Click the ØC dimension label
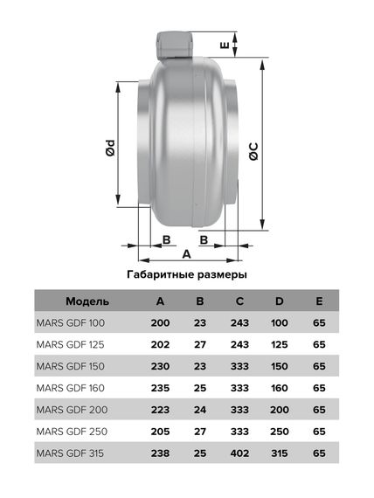pos(253,149)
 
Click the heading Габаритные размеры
pos(187,273)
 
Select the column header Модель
pos(87,301)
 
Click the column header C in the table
pos(239,301)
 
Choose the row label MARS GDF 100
pos(70,322)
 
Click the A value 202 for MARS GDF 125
pos(160,344)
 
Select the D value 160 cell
pos(280,387)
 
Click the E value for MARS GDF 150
pos(319,365)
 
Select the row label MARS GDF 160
pos(70,387)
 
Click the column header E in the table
pos(319,301)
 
